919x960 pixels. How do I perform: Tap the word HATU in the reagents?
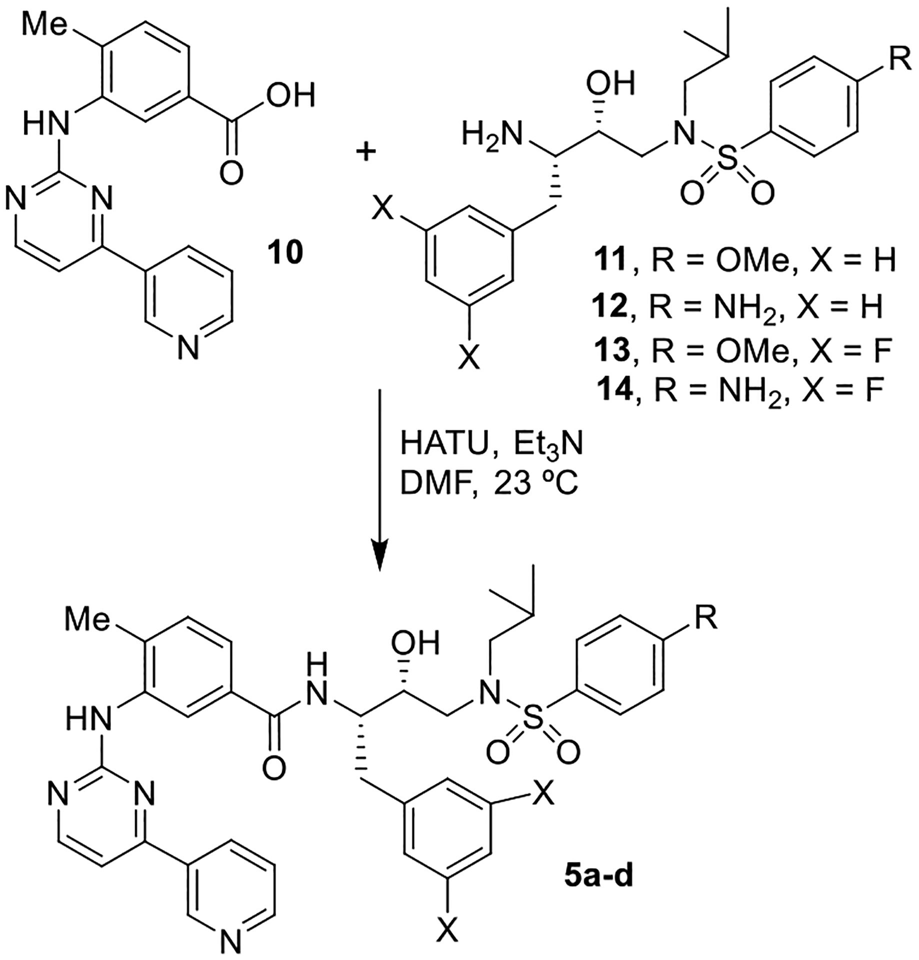pyautogui.click(x=443, y=444)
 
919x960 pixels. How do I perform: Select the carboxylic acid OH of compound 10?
pyautogui.click(x=290, y=94)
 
